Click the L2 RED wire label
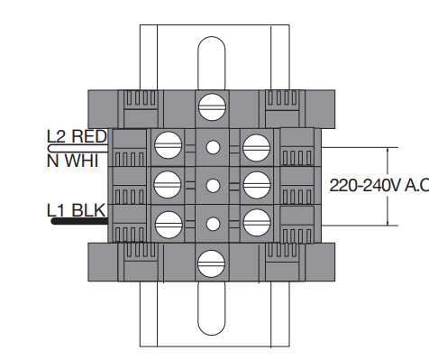[x=77, y=136]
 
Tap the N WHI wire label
[x=72, y=161]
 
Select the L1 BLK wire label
[x=77, y=210]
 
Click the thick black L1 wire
[x=79, y=222]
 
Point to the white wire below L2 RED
[x=78, y=148]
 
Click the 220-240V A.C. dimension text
[x=379, y=185]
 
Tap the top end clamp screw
[x=212, y=107]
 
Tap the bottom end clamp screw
[x=212, y=263]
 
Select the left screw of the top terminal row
[x=169, y=145]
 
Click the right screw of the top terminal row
[x=256, y=148]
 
